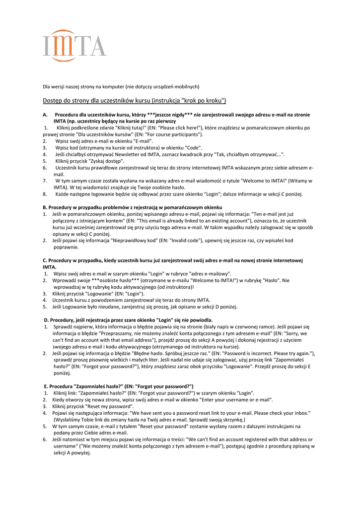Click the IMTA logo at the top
(74, 45)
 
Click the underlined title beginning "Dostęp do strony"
(134, 101)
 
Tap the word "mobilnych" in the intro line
(182, 86)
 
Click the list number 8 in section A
(45, 194)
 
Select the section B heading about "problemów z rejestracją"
(132, 207)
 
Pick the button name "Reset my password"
(109, 406)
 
